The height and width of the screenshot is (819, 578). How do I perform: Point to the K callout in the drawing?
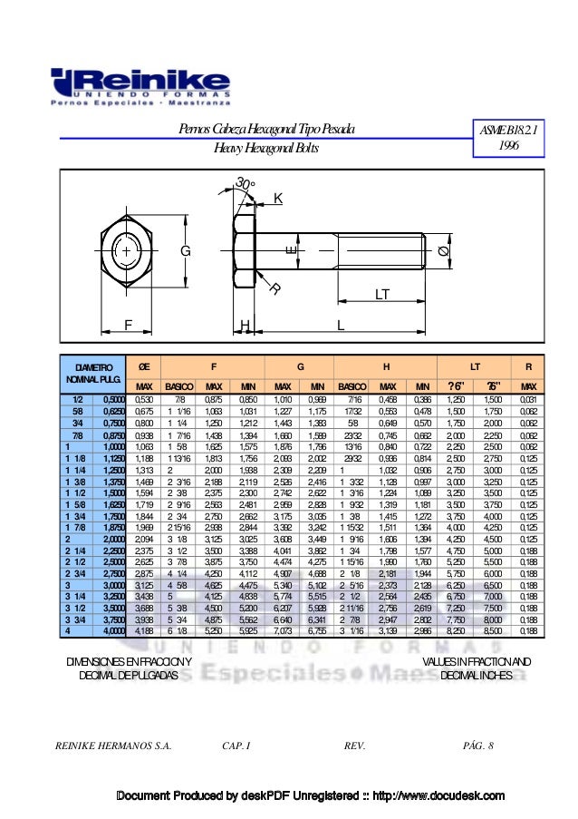(277, 198)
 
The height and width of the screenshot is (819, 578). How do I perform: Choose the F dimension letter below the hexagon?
(127, 324)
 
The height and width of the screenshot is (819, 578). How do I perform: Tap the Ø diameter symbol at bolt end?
(443, 251)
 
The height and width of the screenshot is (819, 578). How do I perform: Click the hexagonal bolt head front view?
(127, 249)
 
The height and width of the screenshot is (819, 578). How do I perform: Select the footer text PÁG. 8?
(477, 746)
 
